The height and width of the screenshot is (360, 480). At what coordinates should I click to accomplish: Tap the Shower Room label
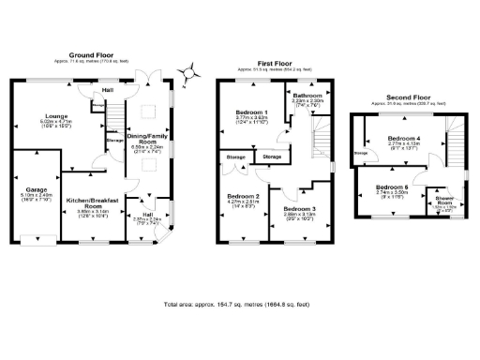[441, 201]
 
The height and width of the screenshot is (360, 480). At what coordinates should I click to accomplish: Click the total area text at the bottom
[238, 305]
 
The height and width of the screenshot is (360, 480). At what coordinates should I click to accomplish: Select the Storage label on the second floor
[360, 154]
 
